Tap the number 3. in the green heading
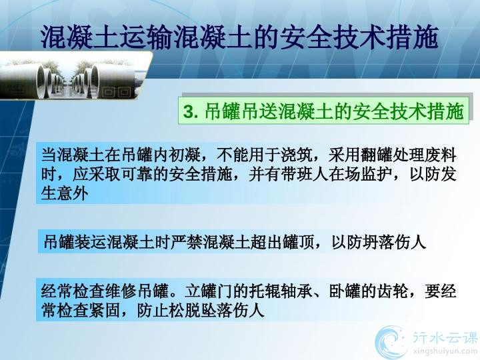pos(191,111)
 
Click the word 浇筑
pos(296,155)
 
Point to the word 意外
pos(73,193)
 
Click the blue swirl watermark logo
pos(390,342)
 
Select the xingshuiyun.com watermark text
pos(445,351)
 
